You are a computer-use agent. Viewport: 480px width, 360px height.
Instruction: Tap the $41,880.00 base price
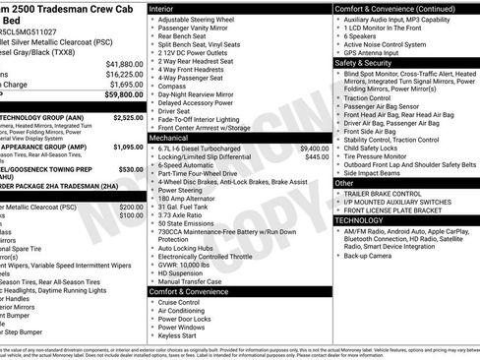click(120, 62)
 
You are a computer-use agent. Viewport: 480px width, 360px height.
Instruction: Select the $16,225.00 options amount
click(120, 74)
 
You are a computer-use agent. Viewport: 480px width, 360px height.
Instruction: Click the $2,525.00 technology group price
click(128, 117)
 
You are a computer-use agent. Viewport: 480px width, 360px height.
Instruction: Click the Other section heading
click(344, 183)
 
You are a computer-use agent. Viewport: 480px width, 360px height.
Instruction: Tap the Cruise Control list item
click(183, 302)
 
